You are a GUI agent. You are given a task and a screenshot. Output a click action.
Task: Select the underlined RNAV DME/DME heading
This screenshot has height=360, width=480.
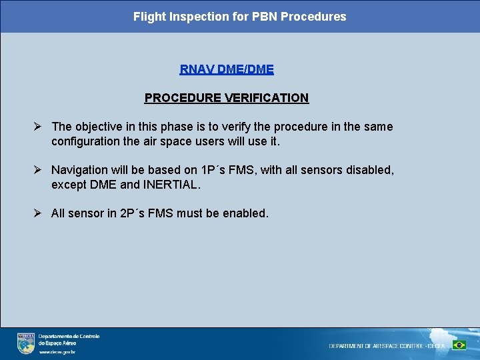coord(227,69)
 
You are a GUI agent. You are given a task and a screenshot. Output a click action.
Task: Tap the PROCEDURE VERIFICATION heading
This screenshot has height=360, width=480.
coord(227,98)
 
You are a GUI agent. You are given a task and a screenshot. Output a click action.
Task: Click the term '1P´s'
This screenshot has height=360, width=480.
coord(214,170)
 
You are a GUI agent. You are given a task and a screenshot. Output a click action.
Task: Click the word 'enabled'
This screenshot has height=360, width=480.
coord(245,213)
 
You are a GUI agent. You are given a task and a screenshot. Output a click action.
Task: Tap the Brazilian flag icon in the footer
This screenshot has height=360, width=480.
coord(459,345)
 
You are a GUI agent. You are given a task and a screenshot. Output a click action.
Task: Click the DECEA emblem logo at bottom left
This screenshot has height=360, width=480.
coord(26,343)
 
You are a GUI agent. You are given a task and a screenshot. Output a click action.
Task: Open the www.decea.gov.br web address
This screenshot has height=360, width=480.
coord(57,351)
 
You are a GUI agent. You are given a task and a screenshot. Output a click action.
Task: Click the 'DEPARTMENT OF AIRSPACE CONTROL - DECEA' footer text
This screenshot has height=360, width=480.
coord(387,346)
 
